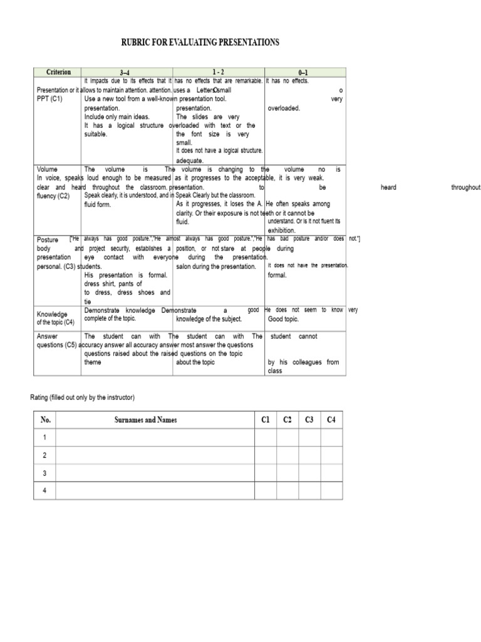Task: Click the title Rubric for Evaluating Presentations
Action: (x=200, y=43)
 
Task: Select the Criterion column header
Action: (x=59, y=72)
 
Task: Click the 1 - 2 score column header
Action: (x=219, y=73)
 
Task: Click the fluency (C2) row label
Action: (x=53, y=196)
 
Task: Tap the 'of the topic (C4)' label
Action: (x=56, y=322)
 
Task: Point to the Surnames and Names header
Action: (x=145, y=420)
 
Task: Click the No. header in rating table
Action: (x=45, y=420)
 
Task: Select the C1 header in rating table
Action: (x=266, y=420)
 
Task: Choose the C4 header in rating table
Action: (x=331, y=420)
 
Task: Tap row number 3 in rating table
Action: (x=45, y=473)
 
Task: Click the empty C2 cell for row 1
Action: (x=287, y=437)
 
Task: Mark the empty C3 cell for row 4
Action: (x=309, y=490)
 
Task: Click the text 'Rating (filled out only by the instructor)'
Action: (x=83, y=397)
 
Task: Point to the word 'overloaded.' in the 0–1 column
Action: (x=284, y=108)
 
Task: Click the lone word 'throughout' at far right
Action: (x=465, y=187)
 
